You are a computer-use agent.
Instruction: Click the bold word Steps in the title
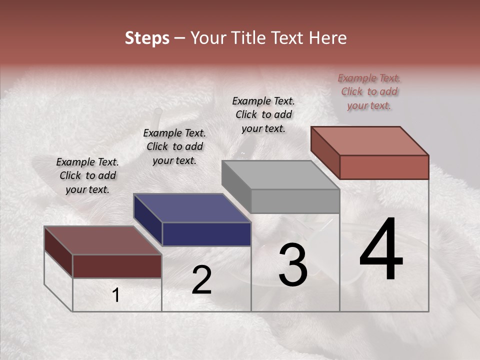(x=147, y=38)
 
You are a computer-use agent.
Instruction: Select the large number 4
(x=381, y=250)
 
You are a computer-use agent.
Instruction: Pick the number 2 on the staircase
(x=201, y=280)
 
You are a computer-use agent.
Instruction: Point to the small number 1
(x=116, y=295)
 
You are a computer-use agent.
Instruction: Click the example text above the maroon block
(x=87, y=175)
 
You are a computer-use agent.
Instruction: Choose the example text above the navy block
(x=174, y=146)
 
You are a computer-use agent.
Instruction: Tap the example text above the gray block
(x=263, y=114)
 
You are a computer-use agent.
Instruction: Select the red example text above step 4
(x=369, y=91)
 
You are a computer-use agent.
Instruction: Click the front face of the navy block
(x=206, y=234)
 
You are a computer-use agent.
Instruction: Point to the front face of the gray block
(x=295, y=201)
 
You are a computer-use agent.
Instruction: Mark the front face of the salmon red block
(x=384, y=167)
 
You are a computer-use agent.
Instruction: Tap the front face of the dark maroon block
(x=117, y=266)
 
